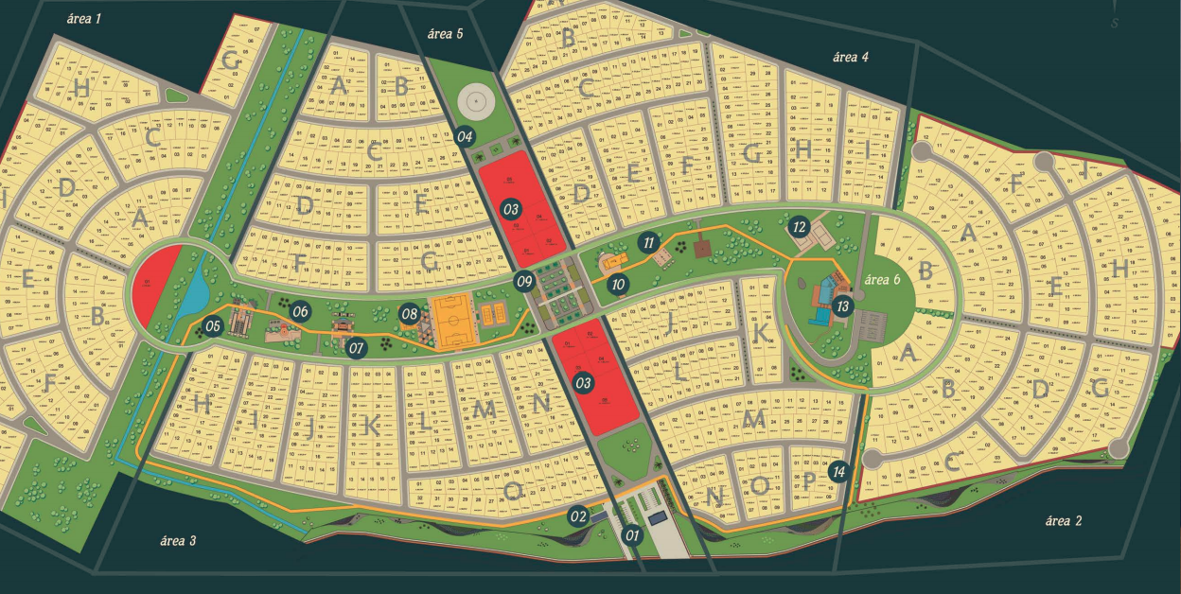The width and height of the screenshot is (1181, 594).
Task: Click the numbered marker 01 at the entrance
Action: coord(632,536)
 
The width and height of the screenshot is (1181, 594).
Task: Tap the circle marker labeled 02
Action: coord(578,516)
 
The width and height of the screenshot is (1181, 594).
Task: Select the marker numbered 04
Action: coord(464,136)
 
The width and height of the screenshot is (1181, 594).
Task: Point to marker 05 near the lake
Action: coord(213,326)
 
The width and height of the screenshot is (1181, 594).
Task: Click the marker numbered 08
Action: coord(409,313)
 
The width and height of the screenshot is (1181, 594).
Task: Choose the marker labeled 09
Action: coord(524,281)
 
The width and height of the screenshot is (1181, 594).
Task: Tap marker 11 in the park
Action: coord(648,241)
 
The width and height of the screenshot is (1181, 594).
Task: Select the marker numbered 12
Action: coord(799,227)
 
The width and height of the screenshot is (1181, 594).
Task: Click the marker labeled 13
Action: coord(842,306)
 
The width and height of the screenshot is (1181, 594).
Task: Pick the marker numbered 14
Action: coord(837,470)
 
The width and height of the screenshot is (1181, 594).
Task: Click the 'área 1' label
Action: coord(85,18)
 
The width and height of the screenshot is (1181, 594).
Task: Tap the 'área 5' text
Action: coord(445,34)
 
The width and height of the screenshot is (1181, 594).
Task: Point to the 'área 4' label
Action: coord(850,57)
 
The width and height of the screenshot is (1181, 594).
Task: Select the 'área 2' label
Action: coord(1064,521)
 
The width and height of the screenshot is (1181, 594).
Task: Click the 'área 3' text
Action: coord(178,541)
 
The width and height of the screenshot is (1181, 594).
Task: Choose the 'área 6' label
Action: coord(889,279)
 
